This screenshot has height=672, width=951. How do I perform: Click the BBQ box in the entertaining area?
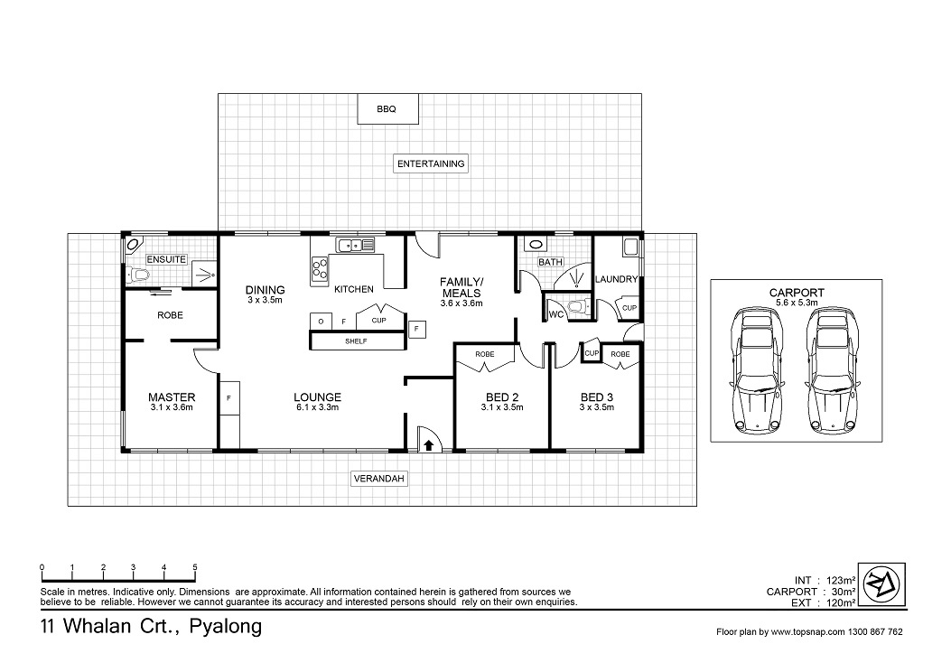click(x=387, y=109)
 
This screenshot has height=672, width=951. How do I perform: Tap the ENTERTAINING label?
click(x=431, y=163)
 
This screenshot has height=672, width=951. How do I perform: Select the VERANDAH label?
click(x=378, y=479)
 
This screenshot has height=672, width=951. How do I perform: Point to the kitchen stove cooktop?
click(x=319, y=270)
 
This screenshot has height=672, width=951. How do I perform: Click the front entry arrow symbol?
click(x=428, y=446)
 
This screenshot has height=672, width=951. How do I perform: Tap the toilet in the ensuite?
click(x=139, y=275)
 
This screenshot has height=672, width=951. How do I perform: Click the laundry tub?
click(x=630, y=248)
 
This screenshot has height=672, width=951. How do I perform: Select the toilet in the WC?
click(x=580, y=307)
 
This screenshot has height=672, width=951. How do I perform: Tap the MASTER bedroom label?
click(x=172, y=397)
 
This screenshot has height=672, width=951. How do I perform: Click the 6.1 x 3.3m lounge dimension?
click(x=317, y=407)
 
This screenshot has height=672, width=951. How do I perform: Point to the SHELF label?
click(x=356, y=341)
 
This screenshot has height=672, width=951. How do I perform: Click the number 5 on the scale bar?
click(x=195, y=568)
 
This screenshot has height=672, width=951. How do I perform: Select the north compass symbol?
click(x=883, y=583)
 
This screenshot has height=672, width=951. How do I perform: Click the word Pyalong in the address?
click(x=226, y=627)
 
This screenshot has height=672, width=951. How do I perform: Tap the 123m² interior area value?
click(x=841, y=581)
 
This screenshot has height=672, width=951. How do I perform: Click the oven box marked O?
click(x=321, y=321)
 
